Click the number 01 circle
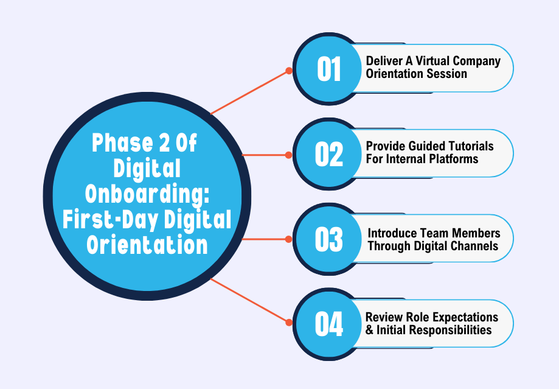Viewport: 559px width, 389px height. pos(328,68)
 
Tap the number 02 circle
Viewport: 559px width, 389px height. pos(328,153)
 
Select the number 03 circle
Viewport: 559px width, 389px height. pos(328,239)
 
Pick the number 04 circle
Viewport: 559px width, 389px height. pos(328,324)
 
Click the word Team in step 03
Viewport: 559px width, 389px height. pos(442,234)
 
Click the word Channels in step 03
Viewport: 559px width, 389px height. pos(476,246)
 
